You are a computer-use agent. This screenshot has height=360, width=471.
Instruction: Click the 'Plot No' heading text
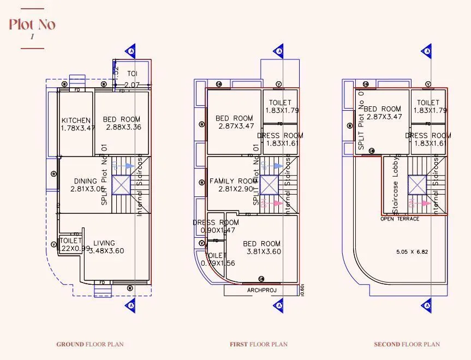click(x=32, y=25)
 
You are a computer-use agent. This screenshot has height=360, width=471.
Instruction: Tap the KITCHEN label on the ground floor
click(x=76, y=120)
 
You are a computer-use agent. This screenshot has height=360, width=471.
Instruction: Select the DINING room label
click(x=86, y=181)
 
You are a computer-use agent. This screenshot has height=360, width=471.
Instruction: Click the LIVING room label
click(x=104, y=243)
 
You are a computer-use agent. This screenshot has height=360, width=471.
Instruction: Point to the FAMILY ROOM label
click(x=233, y=181)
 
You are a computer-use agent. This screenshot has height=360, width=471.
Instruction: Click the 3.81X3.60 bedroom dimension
click(x=261, y=251)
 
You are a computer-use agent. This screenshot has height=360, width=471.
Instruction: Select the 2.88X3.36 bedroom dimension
click(x=123, y=127)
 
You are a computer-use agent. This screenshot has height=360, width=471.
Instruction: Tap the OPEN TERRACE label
click(x=400, y=219)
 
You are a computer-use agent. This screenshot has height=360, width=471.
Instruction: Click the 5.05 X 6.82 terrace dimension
click(x=411, y=252)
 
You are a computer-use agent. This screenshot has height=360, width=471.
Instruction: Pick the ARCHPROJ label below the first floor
click(x=262, y=290)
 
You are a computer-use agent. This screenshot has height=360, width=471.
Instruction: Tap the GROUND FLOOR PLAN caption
click(x=90, y=344)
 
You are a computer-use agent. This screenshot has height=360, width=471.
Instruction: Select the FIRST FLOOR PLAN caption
click(x=259, y=344)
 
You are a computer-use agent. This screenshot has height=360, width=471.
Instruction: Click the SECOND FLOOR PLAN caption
click(x=407, y=344)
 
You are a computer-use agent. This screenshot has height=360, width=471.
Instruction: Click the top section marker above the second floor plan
click(x=427, y=51)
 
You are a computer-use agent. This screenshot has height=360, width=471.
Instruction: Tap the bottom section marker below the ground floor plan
click(x=131, y=305)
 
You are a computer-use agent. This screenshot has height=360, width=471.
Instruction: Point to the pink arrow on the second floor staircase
click(x=422, y=202)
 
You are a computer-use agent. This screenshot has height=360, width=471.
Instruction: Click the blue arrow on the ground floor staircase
click(x=126, y=165)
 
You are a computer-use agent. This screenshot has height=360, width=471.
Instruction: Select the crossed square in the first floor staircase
click(x=269, y=185)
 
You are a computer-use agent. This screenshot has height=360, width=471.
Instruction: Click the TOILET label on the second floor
click(x=428, y=103)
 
